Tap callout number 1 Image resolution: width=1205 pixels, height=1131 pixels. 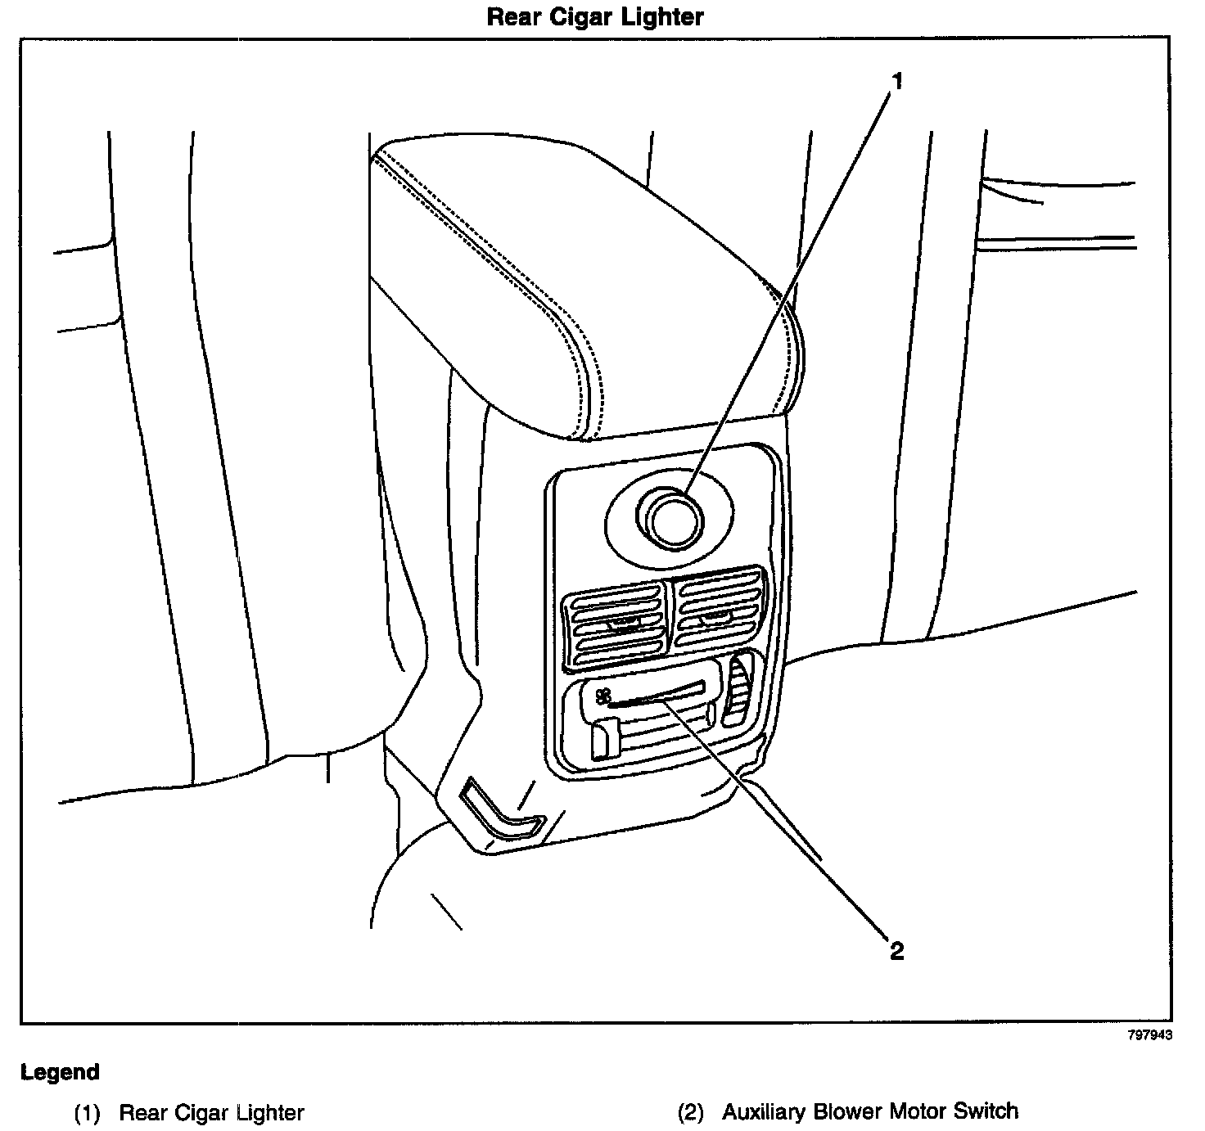897,81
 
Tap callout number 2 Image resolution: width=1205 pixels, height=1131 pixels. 896,951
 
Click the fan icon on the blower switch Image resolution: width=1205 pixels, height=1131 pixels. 603,696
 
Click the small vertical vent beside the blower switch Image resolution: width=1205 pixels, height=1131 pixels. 741,690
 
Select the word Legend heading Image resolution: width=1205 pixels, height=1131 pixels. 61,1072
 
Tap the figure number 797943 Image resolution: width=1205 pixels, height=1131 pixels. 1150,1034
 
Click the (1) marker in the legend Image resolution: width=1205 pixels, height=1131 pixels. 88,1113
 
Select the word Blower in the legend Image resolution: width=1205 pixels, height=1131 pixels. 845,1112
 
